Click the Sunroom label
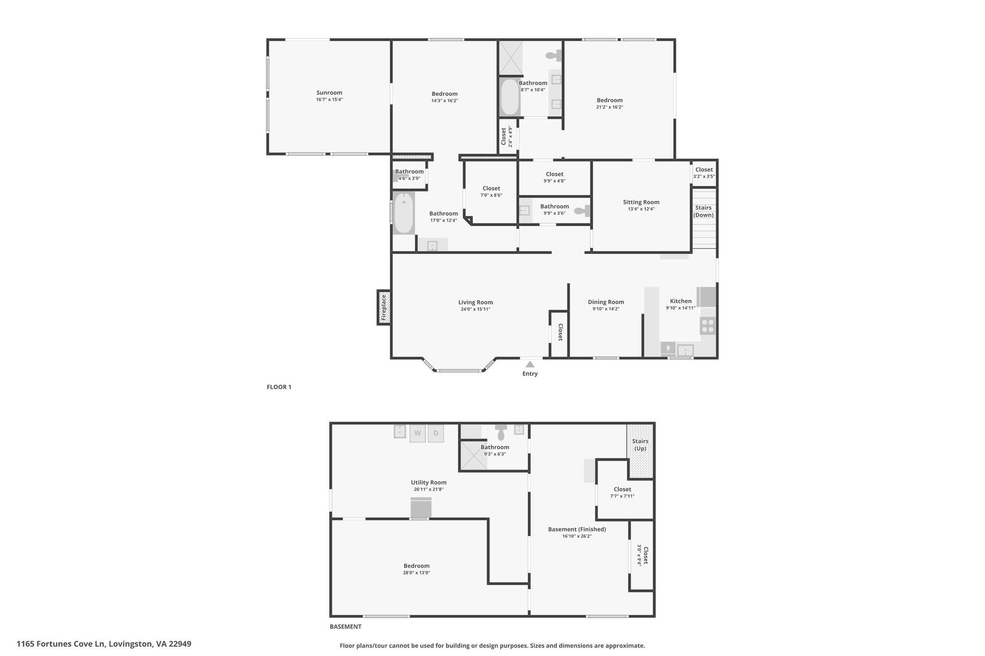tap(329, 93)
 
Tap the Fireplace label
tap(383, 308)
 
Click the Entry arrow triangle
tap(530, 364)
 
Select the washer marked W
tap(417, 433)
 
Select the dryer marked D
tap(436, 433)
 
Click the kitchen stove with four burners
tap(708, 326)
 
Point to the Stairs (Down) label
tap(704, 211)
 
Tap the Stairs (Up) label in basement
tap(640, 445)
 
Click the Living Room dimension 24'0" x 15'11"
tap(475, 309)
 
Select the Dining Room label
tap(606, 302)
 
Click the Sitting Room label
tap(641, 202)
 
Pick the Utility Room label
tap(429, 483)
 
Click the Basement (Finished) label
tap(577, 529)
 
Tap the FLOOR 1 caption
tap(279, 387)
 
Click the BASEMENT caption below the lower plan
tap(345, 627)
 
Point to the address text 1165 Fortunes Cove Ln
tap(61, 644)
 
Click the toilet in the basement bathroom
tap(501, 432)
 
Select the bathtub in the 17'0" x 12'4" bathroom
tap(404, 213)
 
